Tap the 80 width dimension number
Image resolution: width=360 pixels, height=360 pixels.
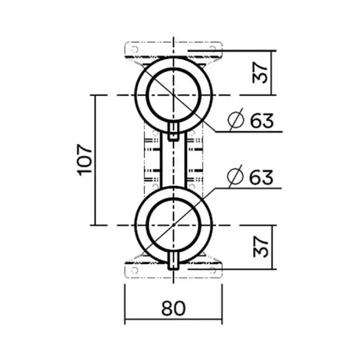(x=174, y=308)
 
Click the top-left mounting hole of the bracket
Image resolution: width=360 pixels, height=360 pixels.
(x=134, y=49)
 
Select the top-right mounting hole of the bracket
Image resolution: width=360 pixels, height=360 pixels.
(x=213, y=49)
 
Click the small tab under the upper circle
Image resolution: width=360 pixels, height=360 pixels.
(x=174, y=132)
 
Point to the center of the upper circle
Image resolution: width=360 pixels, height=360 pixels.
(x=174, y=95)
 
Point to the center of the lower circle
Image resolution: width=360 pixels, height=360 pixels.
(x=174, y=224)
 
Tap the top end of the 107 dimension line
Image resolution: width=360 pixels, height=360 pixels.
(x=94, y=96)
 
